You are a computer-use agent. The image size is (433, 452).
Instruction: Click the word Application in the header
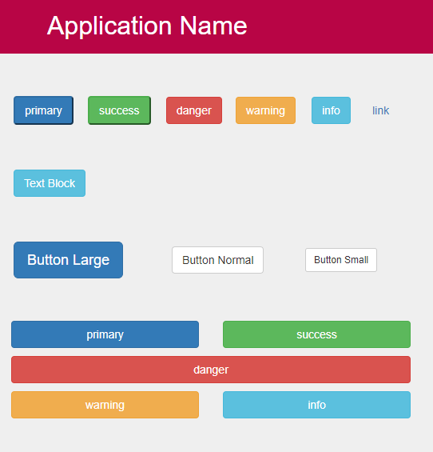[109, 26]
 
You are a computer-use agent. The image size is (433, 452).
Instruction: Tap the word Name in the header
[213, 26]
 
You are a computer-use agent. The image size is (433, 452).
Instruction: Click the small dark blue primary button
[43, 110]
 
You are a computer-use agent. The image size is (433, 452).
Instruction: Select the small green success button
[119, 110]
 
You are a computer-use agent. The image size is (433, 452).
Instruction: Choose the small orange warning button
[265, 110]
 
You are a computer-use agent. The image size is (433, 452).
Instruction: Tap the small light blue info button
[331, 110]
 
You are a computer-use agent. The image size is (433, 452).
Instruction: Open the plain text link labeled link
[380, 110]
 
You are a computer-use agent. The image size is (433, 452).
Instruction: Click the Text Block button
[50, 183]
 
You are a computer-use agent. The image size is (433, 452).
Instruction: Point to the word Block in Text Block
[62, 183]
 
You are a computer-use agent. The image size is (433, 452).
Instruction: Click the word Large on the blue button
[91, 260]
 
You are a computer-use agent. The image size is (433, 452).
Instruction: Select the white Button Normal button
[217, 260]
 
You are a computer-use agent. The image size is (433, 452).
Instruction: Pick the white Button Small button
[341, 260]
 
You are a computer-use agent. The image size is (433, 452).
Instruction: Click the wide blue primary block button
[105, 334]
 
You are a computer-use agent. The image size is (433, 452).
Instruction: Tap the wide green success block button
[316, 334]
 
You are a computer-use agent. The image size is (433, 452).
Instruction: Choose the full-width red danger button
[211, 370]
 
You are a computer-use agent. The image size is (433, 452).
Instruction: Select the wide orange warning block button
[105, 405]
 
